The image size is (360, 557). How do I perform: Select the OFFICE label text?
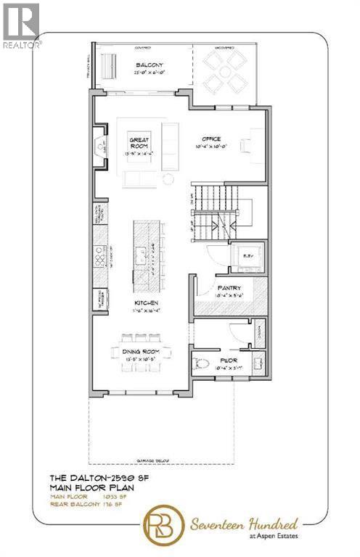tap(211, 139)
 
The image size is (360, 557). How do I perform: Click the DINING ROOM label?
tap(141, 351)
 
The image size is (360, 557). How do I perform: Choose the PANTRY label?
tap(229, 288)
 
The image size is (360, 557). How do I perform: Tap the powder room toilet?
tap(204, 363)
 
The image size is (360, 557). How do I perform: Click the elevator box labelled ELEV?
tap(247, 256)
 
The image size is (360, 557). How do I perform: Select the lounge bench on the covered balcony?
tap(110, 70)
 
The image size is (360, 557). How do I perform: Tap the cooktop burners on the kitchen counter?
tap(99, 255)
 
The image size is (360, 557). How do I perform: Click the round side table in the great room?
tap(168, 178)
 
